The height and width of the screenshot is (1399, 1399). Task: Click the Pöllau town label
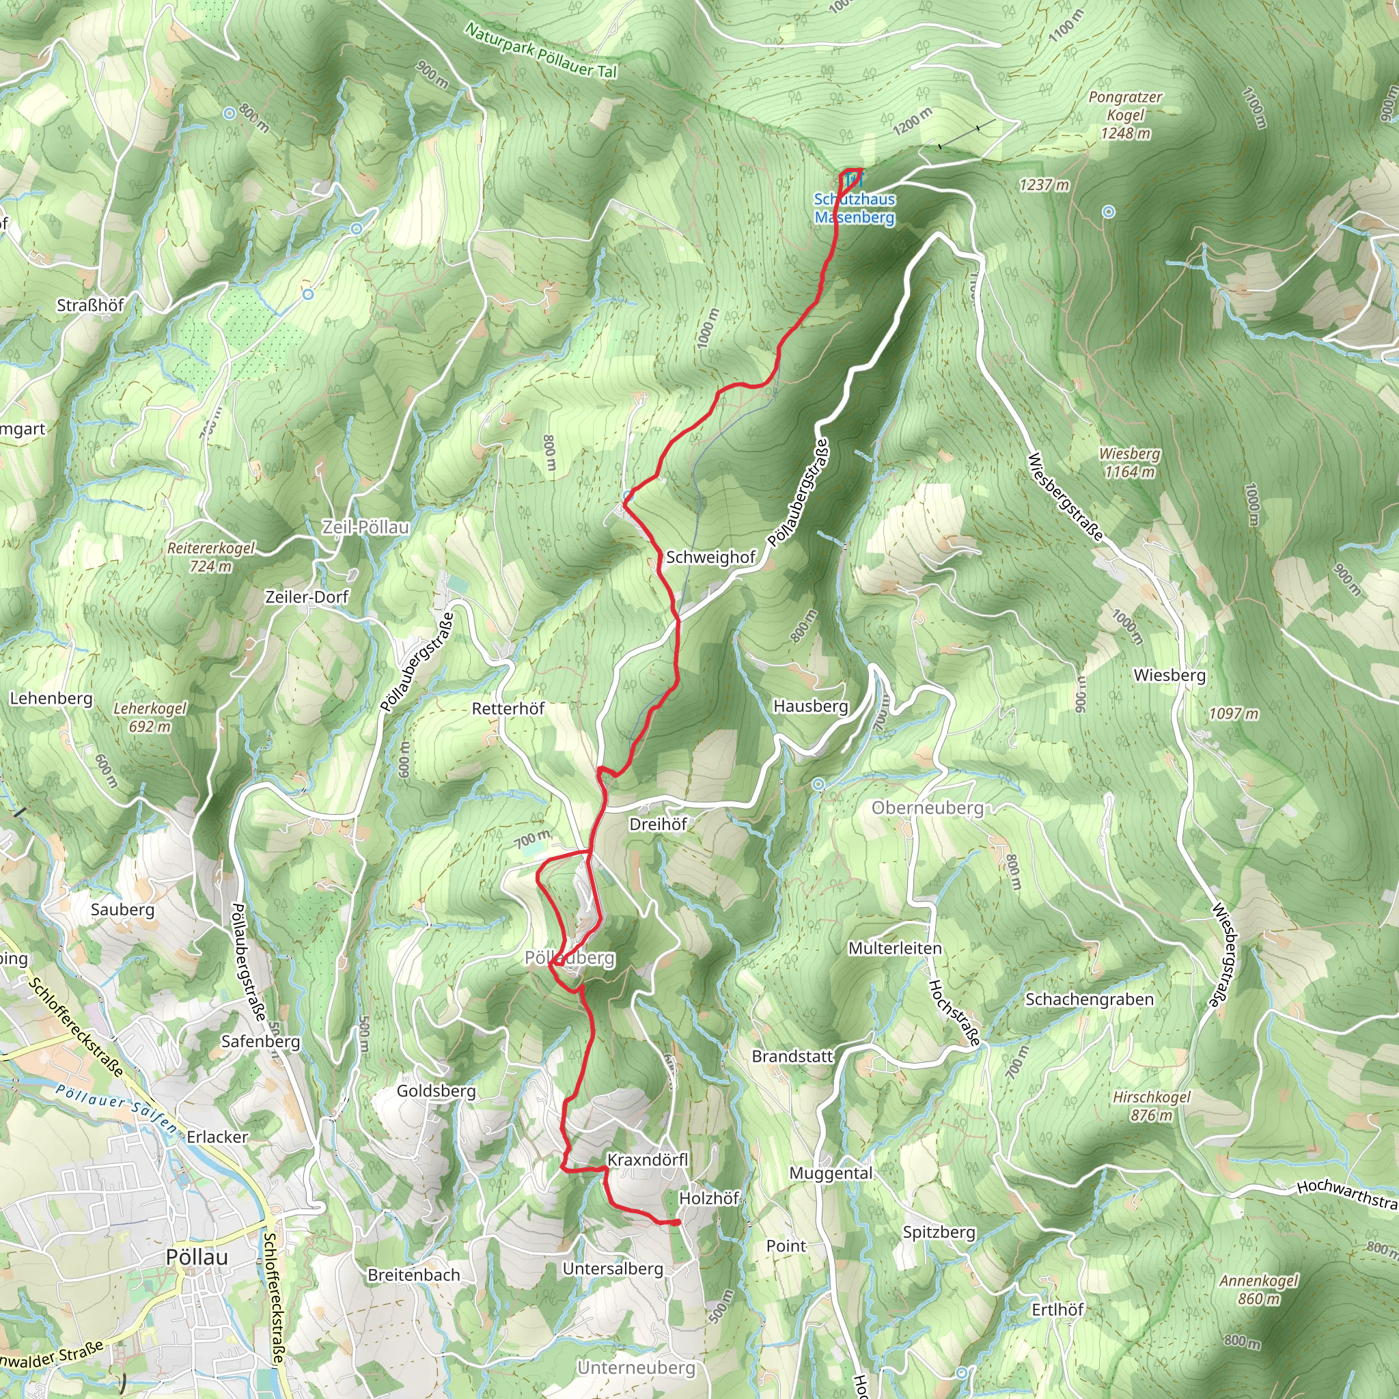point(196,1257)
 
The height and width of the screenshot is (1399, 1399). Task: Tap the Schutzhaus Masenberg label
point(855,208)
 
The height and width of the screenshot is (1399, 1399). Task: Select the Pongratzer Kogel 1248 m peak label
point(1125,115)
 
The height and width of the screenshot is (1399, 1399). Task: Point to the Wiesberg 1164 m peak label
point(1129,462)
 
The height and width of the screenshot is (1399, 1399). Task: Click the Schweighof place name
point(710,557)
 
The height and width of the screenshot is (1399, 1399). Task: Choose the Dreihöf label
point(658,824)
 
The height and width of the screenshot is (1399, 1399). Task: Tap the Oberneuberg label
point(928,807)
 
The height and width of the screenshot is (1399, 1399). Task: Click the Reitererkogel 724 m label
point(210,557)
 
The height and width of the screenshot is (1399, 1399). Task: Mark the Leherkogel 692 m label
point(150,717)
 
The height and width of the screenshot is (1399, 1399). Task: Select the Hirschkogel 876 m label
point(1151,1106)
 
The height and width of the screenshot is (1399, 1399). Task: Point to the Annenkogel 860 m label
point(1258,1290)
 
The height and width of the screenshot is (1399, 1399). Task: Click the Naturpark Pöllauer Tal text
point(541,51)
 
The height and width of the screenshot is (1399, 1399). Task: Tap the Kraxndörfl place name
point(648,1160)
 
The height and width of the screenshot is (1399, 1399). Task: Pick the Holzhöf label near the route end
point(709,1198)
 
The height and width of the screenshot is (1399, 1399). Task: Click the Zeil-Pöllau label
point(365,527)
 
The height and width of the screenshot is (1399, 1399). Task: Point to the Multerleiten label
point(895,948)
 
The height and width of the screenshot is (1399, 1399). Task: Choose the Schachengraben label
point(1089,999)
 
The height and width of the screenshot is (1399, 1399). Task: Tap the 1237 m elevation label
point(1044,184)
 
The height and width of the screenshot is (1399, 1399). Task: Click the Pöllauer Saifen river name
point(116,1108)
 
